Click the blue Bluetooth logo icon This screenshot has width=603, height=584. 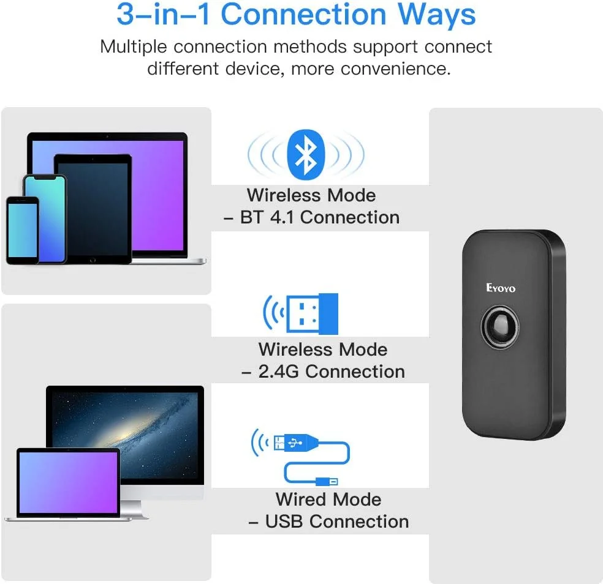(x=305, y=154)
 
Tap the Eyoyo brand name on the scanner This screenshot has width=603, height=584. (x=501, y=288)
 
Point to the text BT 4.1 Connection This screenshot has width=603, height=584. (x=319, y=217)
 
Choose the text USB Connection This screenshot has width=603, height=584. (x=336, y=522)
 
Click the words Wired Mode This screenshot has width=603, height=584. (x=328, y=500)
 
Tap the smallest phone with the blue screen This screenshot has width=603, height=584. (x=23, y=230)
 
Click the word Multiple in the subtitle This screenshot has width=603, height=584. (x=134, y=47)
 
